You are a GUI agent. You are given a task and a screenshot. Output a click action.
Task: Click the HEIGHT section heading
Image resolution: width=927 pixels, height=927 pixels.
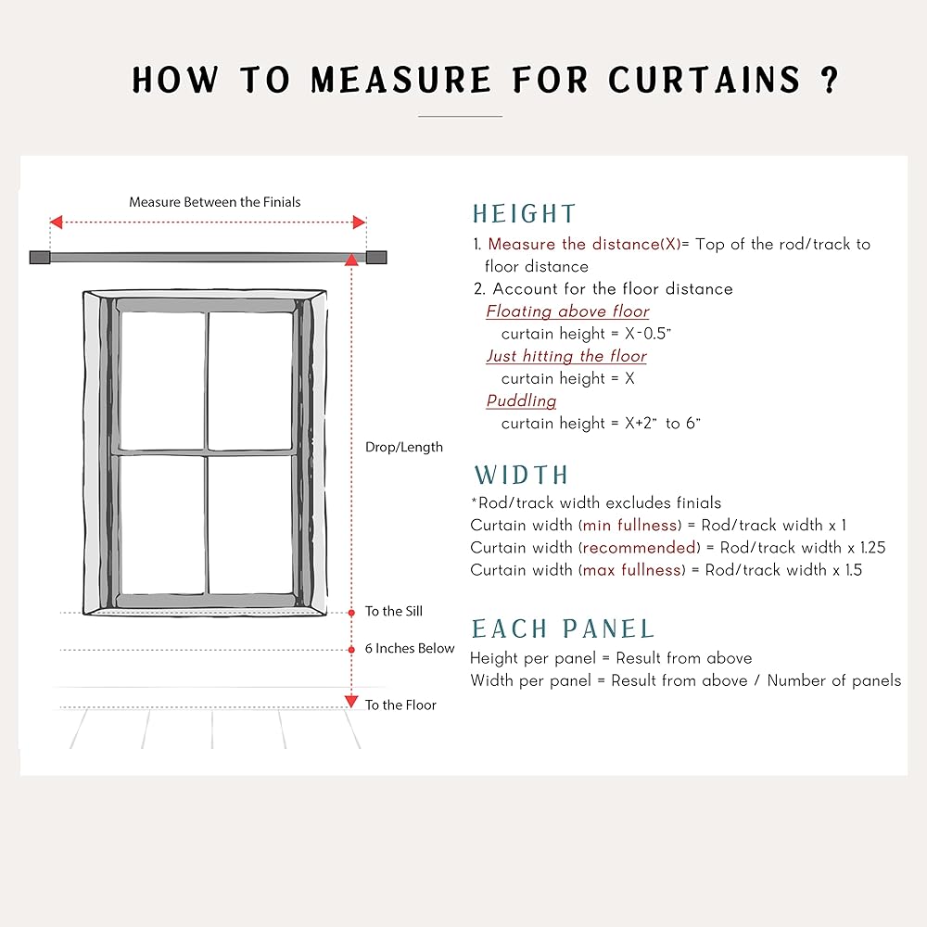(x=524, y=214)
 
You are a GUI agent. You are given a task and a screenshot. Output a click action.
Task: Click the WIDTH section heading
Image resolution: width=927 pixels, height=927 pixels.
(x=521, y=476)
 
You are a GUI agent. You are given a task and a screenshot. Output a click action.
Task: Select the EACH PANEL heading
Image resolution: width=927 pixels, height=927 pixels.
(x=563, y=629)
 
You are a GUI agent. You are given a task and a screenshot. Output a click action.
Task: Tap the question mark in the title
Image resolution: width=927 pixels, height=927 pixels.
(x=830, y=80)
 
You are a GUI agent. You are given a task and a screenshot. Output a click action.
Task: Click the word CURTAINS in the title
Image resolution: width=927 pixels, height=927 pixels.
(x=705, y=80)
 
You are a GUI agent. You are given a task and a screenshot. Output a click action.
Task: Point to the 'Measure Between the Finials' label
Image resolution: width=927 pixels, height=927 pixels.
(x=215, y=202)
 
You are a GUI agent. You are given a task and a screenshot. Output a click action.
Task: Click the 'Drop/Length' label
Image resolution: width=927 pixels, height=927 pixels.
(x=404, y=447)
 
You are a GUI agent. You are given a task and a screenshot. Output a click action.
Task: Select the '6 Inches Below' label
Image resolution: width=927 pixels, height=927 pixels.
(x=410, y=648)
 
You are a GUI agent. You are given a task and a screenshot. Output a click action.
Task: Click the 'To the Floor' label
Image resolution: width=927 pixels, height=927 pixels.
(x=400, y=705)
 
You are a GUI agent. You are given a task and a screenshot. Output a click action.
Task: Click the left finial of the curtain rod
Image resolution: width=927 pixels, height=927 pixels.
(x=39, y=258)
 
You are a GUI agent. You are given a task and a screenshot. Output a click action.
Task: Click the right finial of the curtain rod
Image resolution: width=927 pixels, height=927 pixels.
(x=376, y=258)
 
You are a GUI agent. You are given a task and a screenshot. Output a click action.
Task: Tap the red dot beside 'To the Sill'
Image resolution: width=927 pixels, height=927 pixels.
(x=351, y=613)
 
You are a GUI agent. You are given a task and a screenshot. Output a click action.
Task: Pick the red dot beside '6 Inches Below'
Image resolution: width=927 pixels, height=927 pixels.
(x=351, y=649)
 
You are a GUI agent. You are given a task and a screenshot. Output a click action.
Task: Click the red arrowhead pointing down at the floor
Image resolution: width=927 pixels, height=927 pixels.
(x=351, y=702)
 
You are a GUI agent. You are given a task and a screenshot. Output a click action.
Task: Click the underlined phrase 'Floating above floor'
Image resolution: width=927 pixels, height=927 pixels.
(x=567, y=311)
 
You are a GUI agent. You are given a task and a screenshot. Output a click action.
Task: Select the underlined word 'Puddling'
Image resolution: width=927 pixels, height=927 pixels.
(x=521, y=400)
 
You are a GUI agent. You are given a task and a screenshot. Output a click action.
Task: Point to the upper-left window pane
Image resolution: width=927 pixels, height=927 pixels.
(x=162, y=380)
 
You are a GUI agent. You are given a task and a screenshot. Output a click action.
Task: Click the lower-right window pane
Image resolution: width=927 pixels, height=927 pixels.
(x=250, y=525)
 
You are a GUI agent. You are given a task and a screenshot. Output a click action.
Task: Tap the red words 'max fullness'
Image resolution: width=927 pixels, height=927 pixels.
(x=633, y=570)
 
